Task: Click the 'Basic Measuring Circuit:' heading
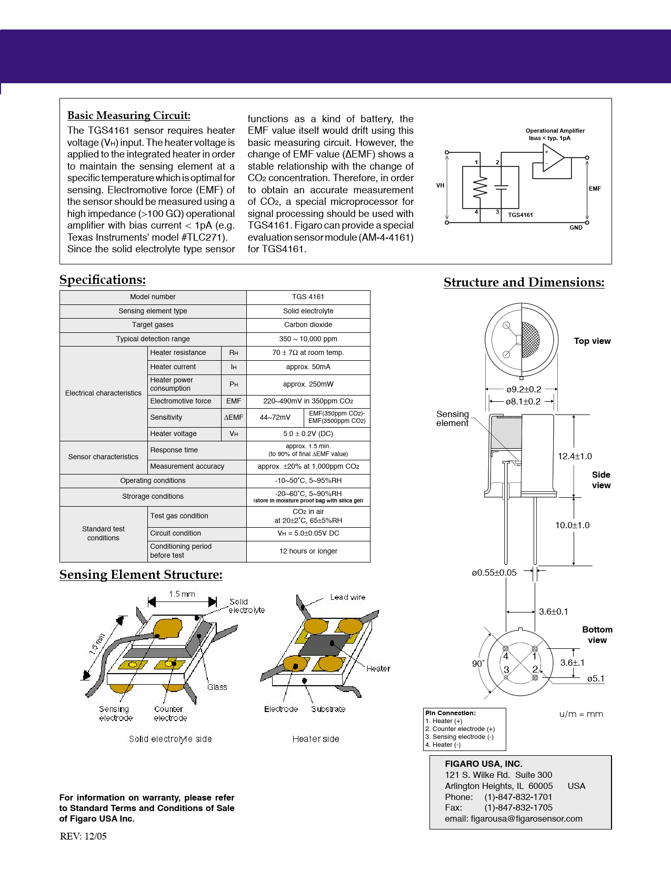point(129,115)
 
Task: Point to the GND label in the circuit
point(576,228)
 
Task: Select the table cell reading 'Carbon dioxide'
point(308,325)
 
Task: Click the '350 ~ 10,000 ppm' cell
point(308,339)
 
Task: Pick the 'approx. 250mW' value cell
point(308,384)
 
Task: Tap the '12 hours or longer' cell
point(308,551)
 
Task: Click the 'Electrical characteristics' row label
point(103,393)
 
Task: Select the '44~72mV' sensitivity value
point(275,417)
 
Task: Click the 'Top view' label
point(592,341)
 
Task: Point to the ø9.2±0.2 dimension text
point(524,390)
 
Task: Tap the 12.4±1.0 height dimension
point(575,456)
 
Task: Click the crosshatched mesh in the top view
point(530,340)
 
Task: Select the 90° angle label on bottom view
point(478,664)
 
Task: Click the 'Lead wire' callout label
point(347,597)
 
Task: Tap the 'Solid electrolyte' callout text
point(246,606)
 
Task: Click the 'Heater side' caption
point(315,739)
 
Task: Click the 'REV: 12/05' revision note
point(83,836)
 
